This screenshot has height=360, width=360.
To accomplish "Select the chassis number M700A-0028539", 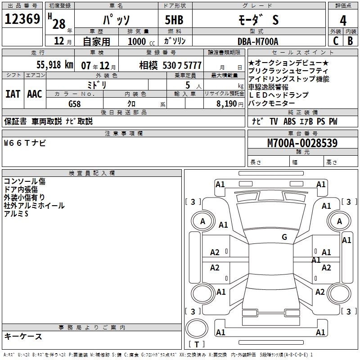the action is pyautogui.click(x=302, y=143).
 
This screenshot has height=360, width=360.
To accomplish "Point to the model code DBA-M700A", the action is pyautogui.click(x=258, y=42).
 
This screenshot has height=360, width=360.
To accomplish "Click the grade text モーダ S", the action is pyautogui.click(x=257, y=20).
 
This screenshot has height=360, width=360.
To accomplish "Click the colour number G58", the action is pyautogui.click(x=75, y=103).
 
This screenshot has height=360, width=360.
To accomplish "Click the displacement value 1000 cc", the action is pyautogui.click(x=140, y=42).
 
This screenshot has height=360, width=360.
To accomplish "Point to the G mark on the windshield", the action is pyautogui.click(x=284, y=237).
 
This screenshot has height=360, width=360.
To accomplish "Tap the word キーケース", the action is pyautogui.click(x=23, y=337).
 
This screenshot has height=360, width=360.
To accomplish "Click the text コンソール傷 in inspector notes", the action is pyautogui.click(x=24, y=181).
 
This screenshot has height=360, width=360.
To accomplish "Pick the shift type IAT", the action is pyautogui.click(x=13, y=94).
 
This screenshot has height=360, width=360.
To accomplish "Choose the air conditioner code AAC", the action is pyautogui.click(x=35, y=94).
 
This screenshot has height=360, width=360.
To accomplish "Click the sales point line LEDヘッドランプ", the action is pyautogui.click(x=279, y=95).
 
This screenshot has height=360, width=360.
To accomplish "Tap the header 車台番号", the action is pyautogui.click(x=302, y=133).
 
